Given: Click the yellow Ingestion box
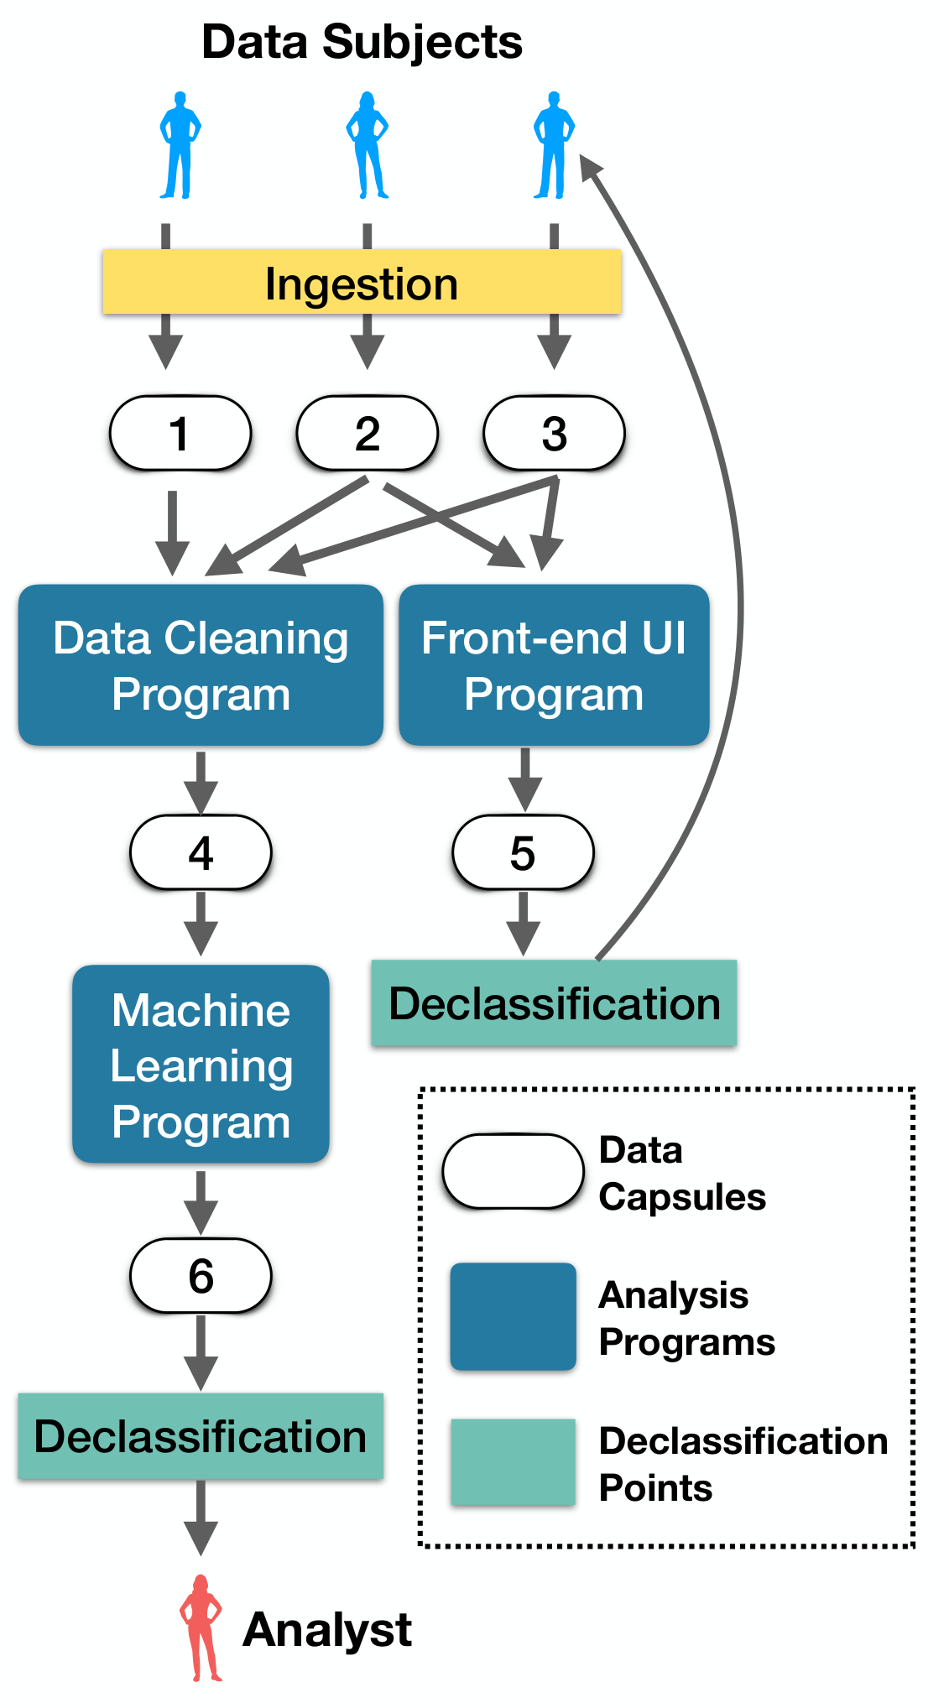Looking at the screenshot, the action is tap(362, 282).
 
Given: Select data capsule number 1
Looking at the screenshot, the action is tap(180, 433).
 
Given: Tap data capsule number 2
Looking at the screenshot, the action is tap(368, 433).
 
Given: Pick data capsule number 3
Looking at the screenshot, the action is tap(554, 433).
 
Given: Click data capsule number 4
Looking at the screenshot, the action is tap(201, 852).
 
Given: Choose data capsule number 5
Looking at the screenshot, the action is tap(523, 852).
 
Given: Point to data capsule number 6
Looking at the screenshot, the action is tap(201, 1275).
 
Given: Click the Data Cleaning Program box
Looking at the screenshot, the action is tap(201, 665).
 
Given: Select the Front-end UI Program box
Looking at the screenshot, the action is tap(554, 665).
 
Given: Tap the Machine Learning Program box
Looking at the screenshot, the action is tap(201, 1064).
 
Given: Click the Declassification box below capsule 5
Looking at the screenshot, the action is tap(554, 1003).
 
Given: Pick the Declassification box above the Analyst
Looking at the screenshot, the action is tap(201, 1436).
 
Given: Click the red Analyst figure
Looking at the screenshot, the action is tap(201, 1628).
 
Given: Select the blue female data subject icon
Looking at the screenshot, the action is tap(367, 145).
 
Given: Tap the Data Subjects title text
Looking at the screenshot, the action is tap(362, 42).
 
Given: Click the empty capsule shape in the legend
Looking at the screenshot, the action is tap(514, 1171).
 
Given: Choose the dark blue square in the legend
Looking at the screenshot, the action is tap(514, 1316).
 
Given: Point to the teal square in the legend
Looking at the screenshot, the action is tap(514, 1462).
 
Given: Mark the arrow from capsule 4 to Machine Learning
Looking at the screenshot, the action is tap(201, 924).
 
